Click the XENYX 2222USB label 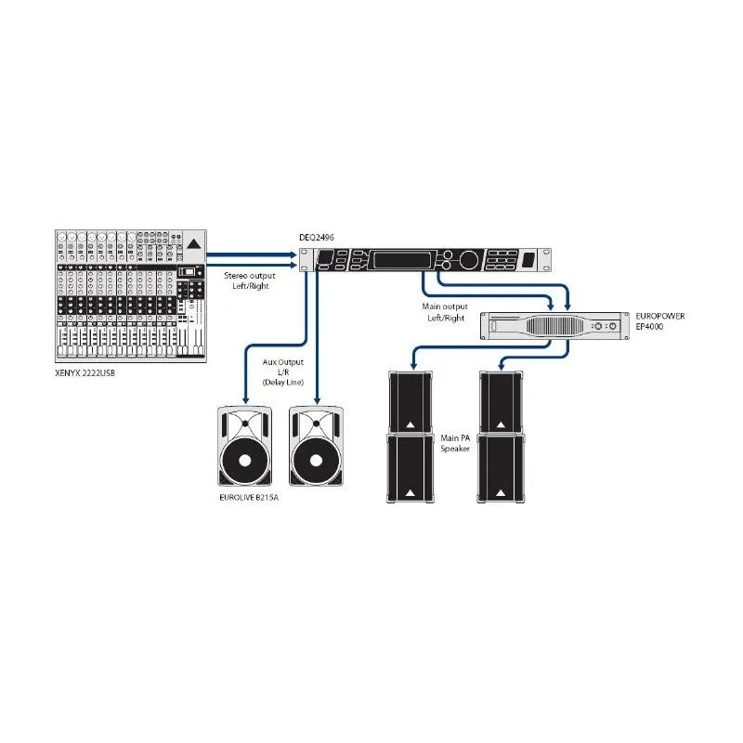(x=85, y=373)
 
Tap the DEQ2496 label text (x=317, y=238)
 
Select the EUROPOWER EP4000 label (x=660, y=321)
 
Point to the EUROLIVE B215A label (x=249, y=498)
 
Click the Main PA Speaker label (x=455, y=444)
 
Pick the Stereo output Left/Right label (x=250, y=280)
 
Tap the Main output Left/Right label (x=445, y=312)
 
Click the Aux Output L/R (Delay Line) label (x=283, y=372)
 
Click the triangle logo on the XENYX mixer (x=193, y=244)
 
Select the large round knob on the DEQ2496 (x=468, y=259)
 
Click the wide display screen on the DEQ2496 (x=402, y=260)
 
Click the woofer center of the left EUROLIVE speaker (x=245, y=461)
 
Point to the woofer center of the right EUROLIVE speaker (x=316, y=461)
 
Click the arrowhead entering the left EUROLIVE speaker (x=245, y=400)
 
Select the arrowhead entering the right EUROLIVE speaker (x=318, y=400)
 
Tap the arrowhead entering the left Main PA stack (x=413, y=366)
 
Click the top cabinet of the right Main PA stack (x=501, y=402)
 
